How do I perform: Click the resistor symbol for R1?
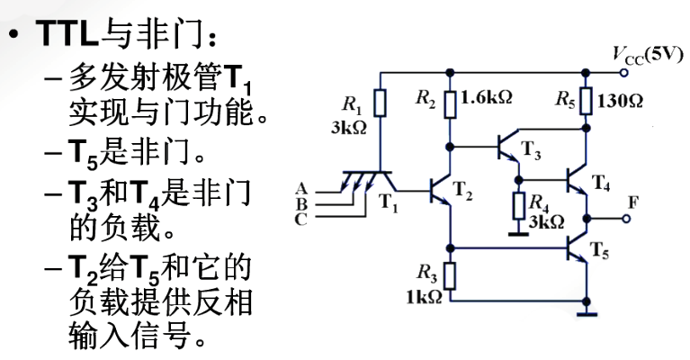pyautogui.click(x=381, y=103)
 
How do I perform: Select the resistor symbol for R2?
pyautogui.click(x=450, y=103)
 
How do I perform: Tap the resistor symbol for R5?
pyautogui.click(x=586, y=101)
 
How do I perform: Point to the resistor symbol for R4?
pyautogui.click(x=519, y=205)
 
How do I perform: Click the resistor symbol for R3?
pyautogui.click(x=450, y=276)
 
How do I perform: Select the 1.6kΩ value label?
pyautogui.click(x=486, y=97)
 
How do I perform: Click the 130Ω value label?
pyautogui.click(x=620, y=101)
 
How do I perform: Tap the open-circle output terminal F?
pyautogui.click(x=626, y=219)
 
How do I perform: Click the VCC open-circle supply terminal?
pyautogui.click(x=623, y=73)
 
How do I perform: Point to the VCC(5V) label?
pyautogui.click(x=648, y=56)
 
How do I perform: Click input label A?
pyautogui.click(x=301, y=189)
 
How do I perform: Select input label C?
pyautogui.click(x=301, y=219)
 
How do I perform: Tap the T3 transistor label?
pyautogui.click(x=531, y=149)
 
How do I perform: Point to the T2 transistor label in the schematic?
pyautogui.click(x=462, y=191)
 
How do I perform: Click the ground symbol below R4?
pyautogui.click(x=519, y=234)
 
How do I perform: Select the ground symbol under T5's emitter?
pyautogui.click(x=586, y=314)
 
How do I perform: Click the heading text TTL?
pyautogui.click(x=67, y=33)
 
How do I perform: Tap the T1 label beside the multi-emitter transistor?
pyautogui.click(x=388, y=203)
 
